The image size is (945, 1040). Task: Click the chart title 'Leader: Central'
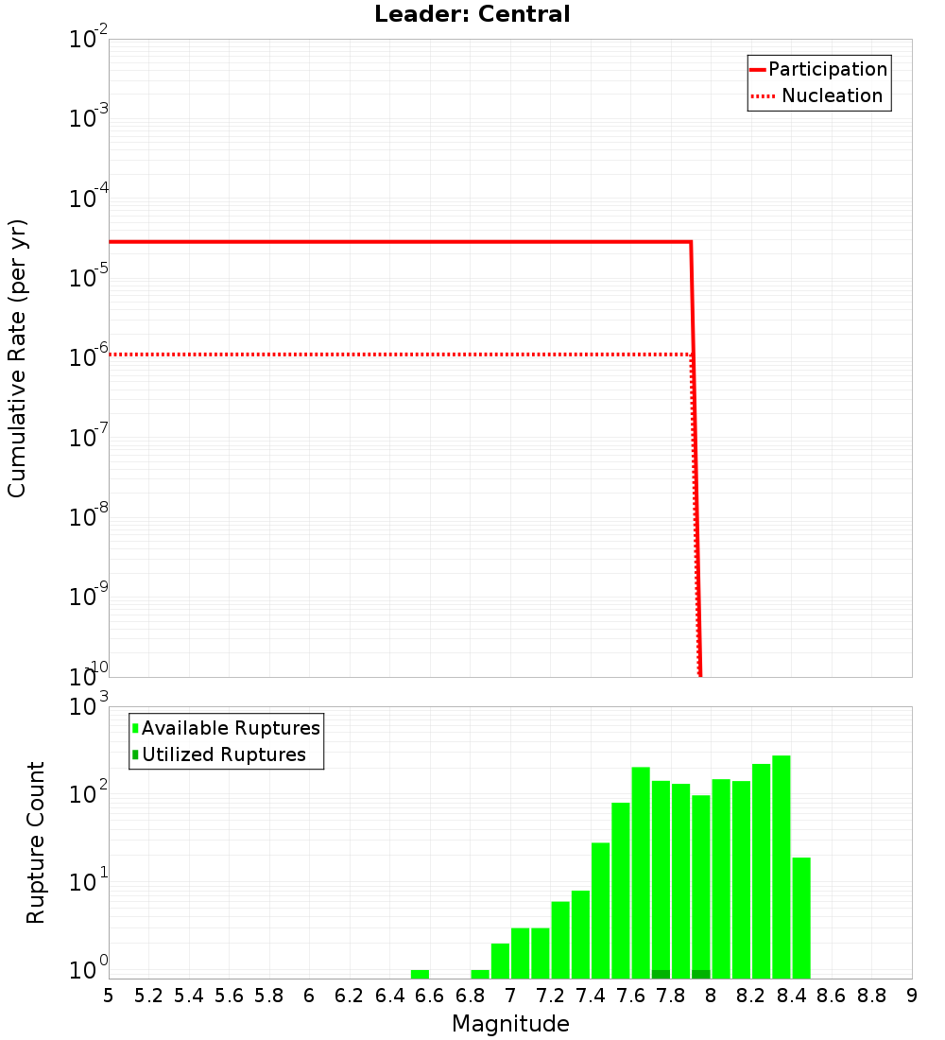(x=472, y=14)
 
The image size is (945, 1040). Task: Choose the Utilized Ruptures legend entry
(x=223, y=754)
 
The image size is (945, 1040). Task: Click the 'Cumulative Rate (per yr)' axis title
(x=17, y=358)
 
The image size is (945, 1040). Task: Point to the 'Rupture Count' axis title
(x=36, y=842)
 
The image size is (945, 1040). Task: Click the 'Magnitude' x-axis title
(x=510, y=1024)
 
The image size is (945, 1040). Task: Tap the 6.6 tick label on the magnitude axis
(x=430, y=996)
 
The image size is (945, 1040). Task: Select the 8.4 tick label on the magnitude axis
(x=792, y=996)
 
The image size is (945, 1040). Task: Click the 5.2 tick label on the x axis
(x=149, y=996)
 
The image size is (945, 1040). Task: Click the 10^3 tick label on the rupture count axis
(x=90, y=707)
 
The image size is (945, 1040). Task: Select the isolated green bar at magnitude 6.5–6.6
(x=420, y=974)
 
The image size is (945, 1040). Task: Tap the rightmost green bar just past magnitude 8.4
(x=801, y=917)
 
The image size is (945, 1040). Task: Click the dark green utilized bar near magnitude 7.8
(x=661, y=974)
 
